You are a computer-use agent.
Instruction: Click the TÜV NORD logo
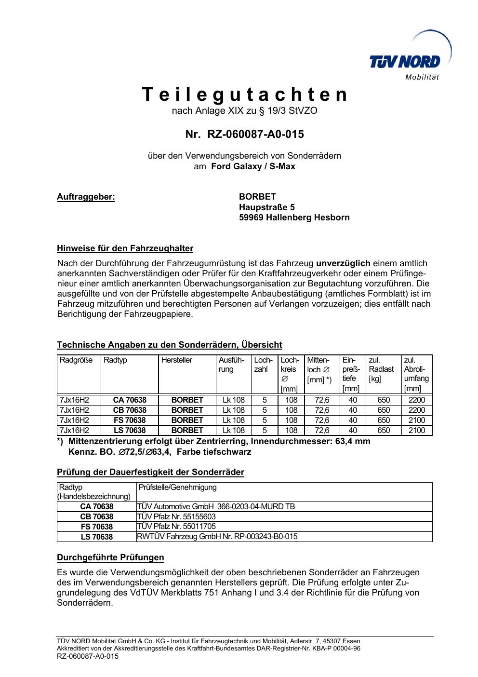[405, 62]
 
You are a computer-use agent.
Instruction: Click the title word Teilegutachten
[245, 95]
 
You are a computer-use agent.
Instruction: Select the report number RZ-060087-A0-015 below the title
[245, 134]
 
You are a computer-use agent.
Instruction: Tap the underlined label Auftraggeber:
[86, 197]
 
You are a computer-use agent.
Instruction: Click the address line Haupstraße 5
[267, 207]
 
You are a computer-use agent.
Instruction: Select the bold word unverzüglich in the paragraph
[343, 263]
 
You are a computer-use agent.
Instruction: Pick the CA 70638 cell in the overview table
[130, 400]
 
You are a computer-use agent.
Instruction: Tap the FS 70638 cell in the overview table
[130, 420]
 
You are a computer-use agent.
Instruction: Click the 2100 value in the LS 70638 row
[416, 430]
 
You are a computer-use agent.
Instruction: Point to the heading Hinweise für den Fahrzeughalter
[125, 249]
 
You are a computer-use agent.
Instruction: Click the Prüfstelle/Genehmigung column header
[178, 487]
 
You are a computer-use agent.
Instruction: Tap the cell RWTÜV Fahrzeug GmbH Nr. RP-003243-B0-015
[217, 536]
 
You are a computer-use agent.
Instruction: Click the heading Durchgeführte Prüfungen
[110, 557]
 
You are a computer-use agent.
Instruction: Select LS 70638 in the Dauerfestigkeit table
[97, 537]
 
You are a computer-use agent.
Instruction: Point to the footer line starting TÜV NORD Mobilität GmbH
[208, 641]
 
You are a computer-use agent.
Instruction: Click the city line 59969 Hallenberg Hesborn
[294, 217]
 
